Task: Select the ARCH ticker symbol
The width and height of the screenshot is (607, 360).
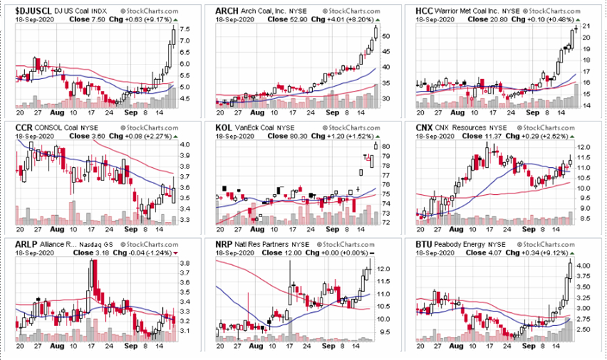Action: pos(227,12)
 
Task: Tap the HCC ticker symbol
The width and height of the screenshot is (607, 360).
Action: pos(424,12)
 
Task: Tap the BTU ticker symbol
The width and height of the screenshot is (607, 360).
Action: pos(424,244)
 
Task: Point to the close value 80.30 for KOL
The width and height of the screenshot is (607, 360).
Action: pos(277,136)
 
